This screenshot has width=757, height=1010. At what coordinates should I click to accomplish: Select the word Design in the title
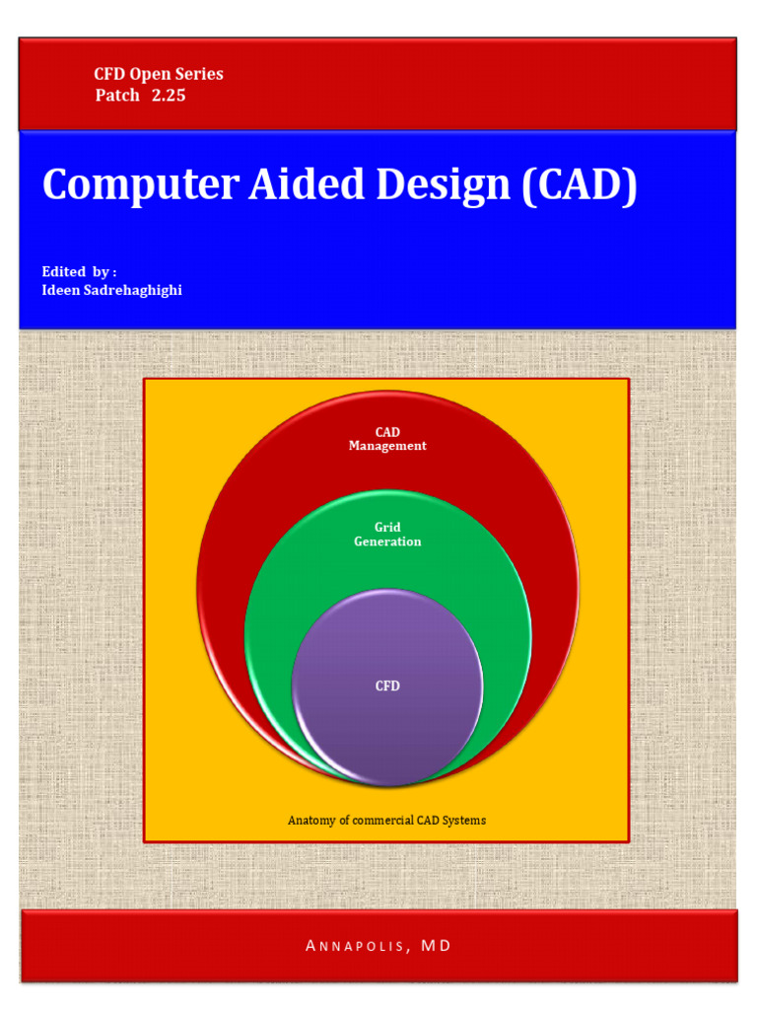(x=426, y=185)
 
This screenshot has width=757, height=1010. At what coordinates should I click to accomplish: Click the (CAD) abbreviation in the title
(x=580, y=185)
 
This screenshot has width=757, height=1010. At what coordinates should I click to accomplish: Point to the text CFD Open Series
(x=159, y=74)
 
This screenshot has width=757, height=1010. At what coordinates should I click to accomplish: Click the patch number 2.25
(x=169, y=96)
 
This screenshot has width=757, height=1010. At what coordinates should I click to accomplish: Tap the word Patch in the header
(x=117, y=96)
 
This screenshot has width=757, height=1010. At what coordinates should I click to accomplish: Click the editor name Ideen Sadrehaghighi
(x=111, y=291)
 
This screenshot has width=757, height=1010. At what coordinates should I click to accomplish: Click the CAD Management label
(x=387, y=439)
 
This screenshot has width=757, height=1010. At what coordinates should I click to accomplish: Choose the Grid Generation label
(x=387, y=535)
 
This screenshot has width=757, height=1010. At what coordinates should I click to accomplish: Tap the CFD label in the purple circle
(x=387, y=685)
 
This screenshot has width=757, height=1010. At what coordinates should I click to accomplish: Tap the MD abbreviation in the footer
(x=436, y=946)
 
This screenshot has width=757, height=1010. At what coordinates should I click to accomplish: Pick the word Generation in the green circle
(x=387, y=541)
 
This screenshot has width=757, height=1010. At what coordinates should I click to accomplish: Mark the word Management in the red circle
(x=387, y=446)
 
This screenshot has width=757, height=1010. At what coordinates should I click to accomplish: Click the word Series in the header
(x=201, y=74)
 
